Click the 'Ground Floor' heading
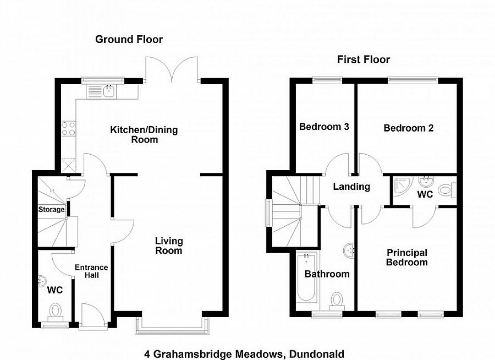(129, 39)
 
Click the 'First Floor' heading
(364, 59)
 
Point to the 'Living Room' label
(168, 246)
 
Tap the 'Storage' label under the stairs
(51, 209)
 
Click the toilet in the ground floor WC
(56, 312)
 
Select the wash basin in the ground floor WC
(42, 281)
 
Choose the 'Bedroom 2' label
(408, 128)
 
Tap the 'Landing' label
(351, 187)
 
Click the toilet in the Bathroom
(337, 301)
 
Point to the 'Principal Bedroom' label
(406, 258)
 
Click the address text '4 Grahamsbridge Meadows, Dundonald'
(244, 353)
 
